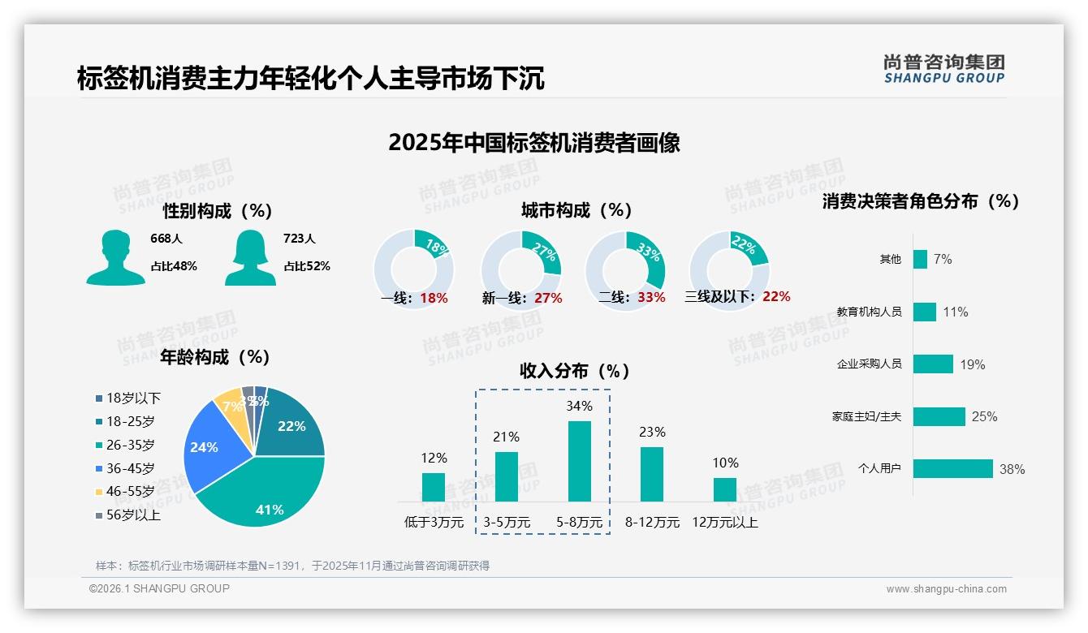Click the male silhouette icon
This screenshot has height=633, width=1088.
pyautogui.click(x=115, y=257)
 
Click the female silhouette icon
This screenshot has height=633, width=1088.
pyautogui.click(x=250, y=257)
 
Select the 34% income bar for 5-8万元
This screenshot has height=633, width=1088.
pyautogui.click(x=579, y=461)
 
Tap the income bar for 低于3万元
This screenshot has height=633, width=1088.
pyautogui.click(x=434, y=487)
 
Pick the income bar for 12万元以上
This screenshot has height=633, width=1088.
pyautogui.click(x=725, y=489)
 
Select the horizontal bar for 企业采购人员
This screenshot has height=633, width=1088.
pyautogui.click(x=933, y=364)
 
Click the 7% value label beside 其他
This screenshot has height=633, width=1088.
pyautogui.click(x=943, y=260)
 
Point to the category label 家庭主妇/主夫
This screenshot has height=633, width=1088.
pyautogui.click(x=866, y=417)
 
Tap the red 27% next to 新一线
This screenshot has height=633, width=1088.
pyautogui.click(x=548, y=299)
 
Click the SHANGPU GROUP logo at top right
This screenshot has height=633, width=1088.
pyautogui.click(x=944, y=69)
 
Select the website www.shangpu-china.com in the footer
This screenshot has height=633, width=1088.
pyautogui.click(x=946, y=589)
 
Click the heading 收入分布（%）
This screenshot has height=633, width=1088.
pyautogui.click(x=575, y=372)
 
